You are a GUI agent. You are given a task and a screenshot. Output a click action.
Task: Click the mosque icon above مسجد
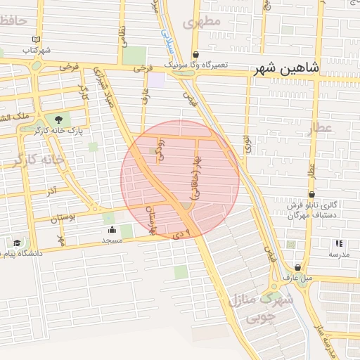pos(112,229)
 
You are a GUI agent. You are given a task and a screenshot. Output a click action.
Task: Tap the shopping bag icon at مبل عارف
pos(299,267)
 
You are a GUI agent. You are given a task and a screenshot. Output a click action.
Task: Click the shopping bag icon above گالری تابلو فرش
pos(311,194)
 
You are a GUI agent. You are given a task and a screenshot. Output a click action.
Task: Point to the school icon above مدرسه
pos(340,243)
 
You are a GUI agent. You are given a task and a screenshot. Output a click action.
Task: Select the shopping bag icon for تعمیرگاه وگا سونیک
pos(195,54)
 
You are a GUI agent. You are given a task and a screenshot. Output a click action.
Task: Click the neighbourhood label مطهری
pos(202,22)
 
